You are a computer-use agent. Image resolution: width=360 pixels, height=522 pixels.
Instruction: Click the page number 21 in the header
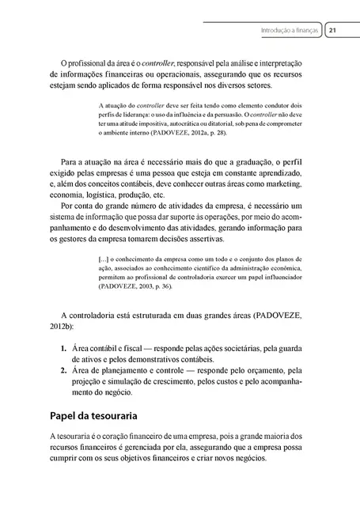333,31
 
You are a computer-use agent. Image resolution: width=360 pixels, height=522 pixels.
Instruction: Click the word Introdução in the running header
277,31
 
